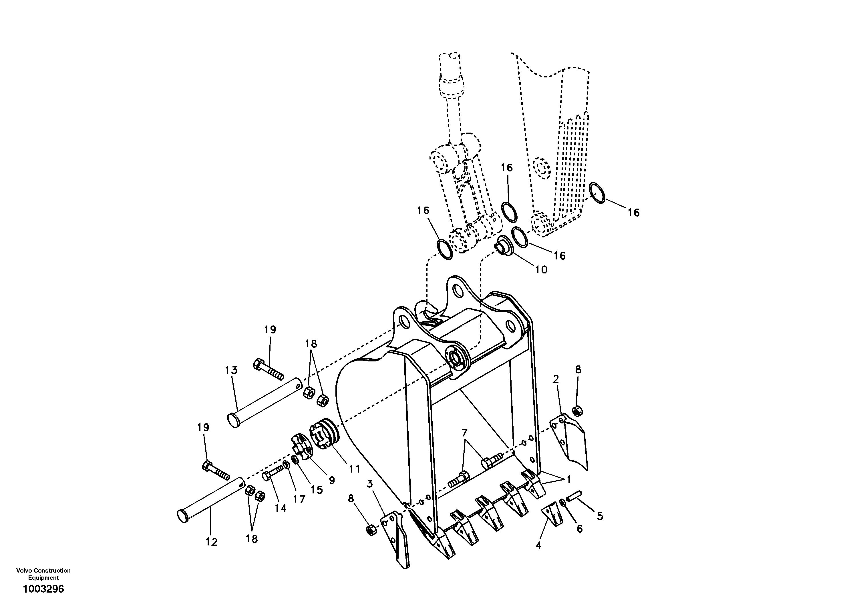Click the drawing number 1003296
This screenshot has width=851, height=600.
pos(43,589)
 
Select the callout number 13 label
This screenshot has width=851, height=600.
pos(231,370)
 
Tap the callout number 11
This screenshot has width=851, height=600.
pos(354,469)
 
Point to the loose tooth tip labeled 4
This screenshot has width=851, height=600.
pos(552,515)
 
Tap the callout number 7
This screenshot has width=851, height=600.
pos(464,432)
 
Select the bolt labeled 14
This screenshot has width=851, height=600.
pos(273,474)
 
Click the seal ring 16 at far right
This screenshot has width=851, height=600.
pos(597,193)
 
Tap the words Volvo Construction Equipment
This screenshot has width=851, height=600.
pos(43,574)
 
